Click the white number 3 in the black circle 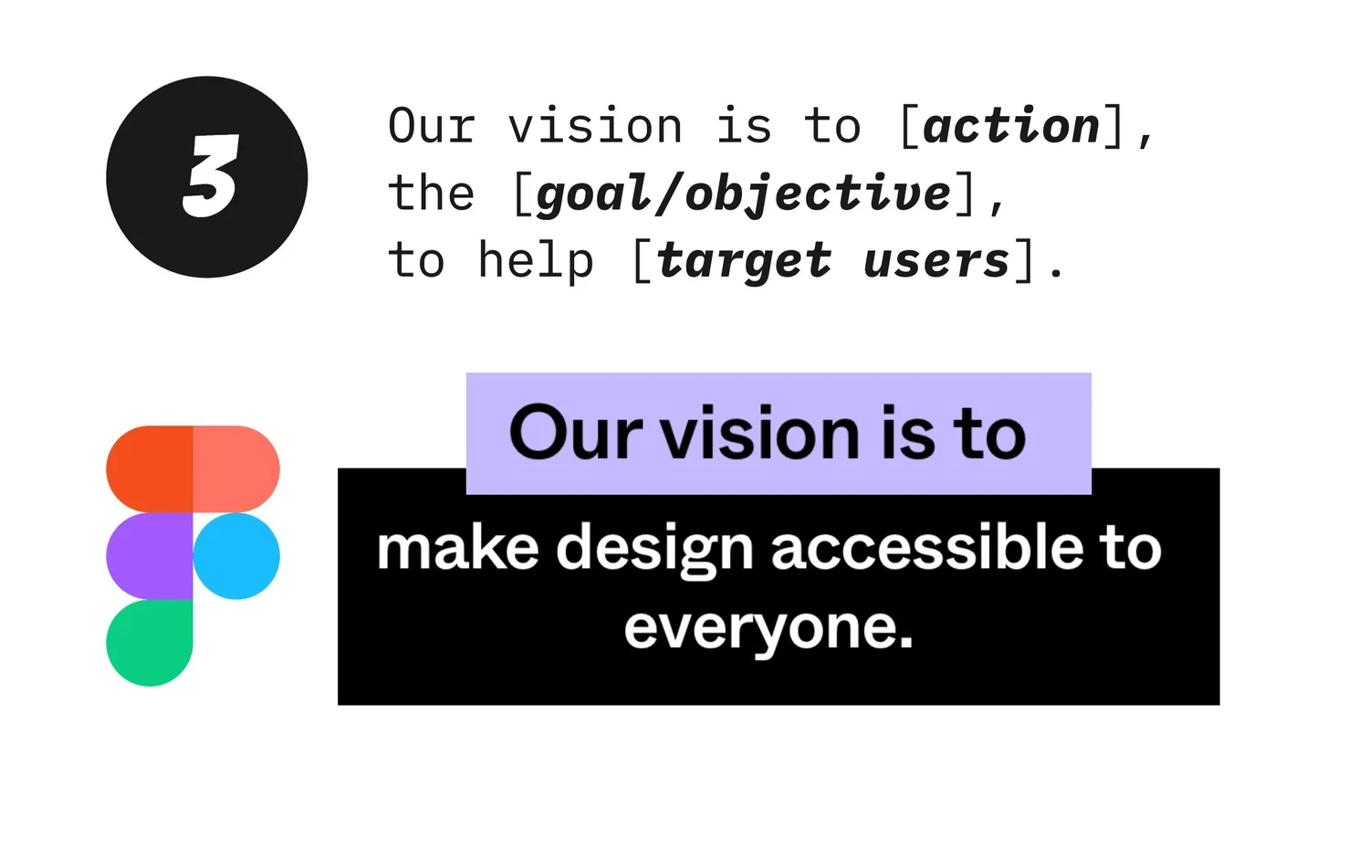211,176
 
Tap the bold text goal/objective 744,194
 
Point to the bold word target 744,261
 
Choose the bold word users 936,261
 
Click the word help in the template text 536,261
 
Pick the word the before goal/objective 432,194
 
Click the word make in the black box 457,549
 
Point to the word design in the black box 654,551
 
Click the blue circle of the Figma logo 236,556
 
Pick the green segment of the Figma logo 149,642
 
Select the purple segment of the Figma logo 149,556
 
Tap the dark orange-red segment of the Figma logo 149,468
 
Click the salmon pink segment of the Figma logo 236,468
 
